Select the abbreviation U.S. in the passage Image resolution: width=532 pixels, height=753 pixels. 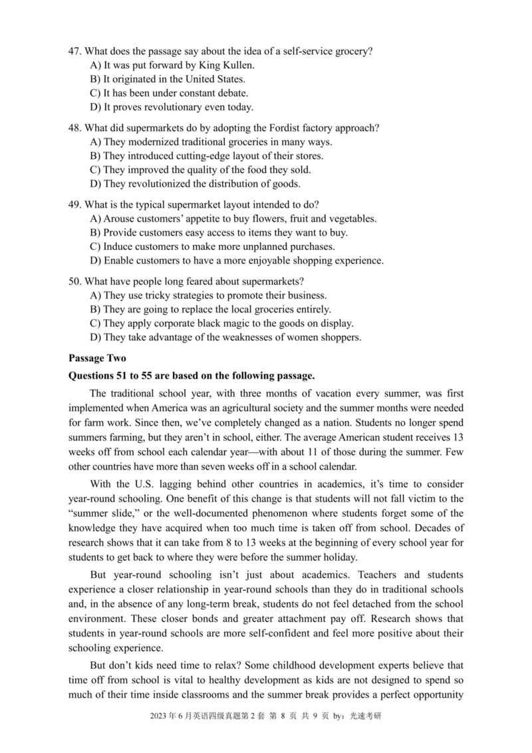pyautogui.click(x=153, y=484)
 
